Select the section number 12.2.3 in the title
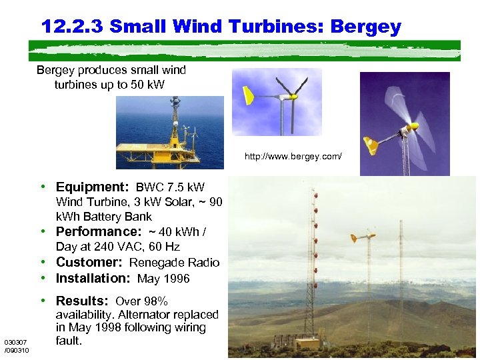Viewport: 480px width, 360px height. coord(72,27)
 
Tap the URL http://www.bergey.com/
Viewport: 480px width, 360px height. coord(293,157)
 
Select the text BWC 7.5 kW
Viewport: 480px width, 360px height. coord(170,188)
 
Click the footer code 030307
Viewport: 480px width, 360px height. coord(15,342)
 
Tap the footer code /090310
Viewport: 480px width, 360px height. coord(17,350)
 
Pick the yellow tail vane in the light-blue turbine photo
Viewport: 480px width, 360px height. coord(246,95)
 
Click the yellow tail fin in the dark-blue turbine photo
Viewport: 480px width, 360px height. coord(371,144)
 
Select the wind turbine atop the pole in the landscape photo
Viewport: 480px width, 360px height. coord(363,237)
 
